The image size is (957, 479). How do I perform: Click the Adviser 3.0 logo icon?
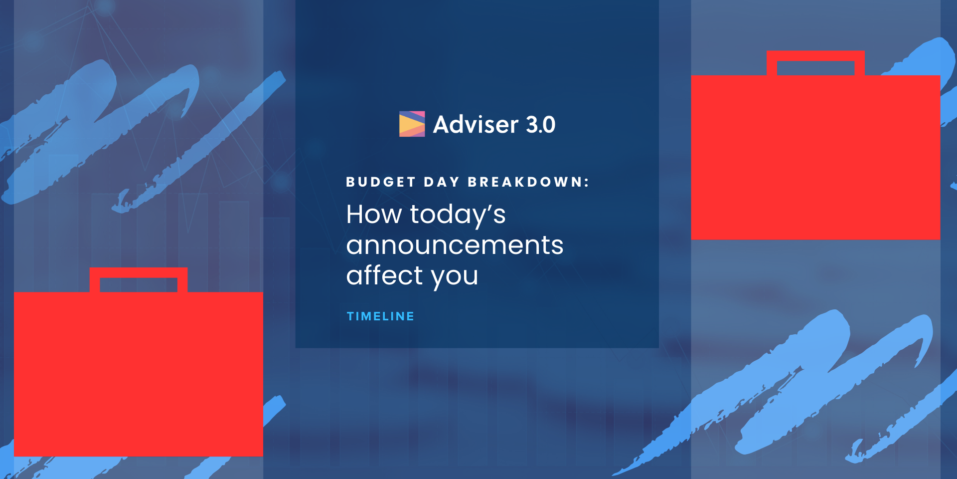412,124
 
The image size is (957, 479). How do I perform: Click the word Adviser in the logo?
476,124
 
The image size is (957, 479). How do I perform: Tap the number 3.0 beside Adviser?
541,125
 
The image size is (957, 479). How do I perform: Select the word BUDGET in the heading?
381,182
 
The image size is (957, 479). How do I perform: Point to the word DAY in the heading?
442,182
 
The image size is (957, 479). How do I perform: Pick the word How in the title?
374,215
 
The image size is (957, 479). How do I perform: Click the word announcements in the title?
455,245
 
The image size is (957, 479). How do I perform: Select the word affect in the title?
385,275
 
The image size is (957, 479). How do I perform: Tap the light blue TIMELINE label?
380,316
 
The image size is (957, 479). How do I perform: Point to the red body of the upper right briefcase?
815,157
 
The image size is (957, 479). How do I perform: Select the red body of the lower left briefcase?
139,374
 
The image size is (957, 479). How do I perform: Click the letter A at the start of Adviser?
442,125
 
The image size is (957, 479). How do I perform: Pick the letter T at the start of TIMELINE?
350,316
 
